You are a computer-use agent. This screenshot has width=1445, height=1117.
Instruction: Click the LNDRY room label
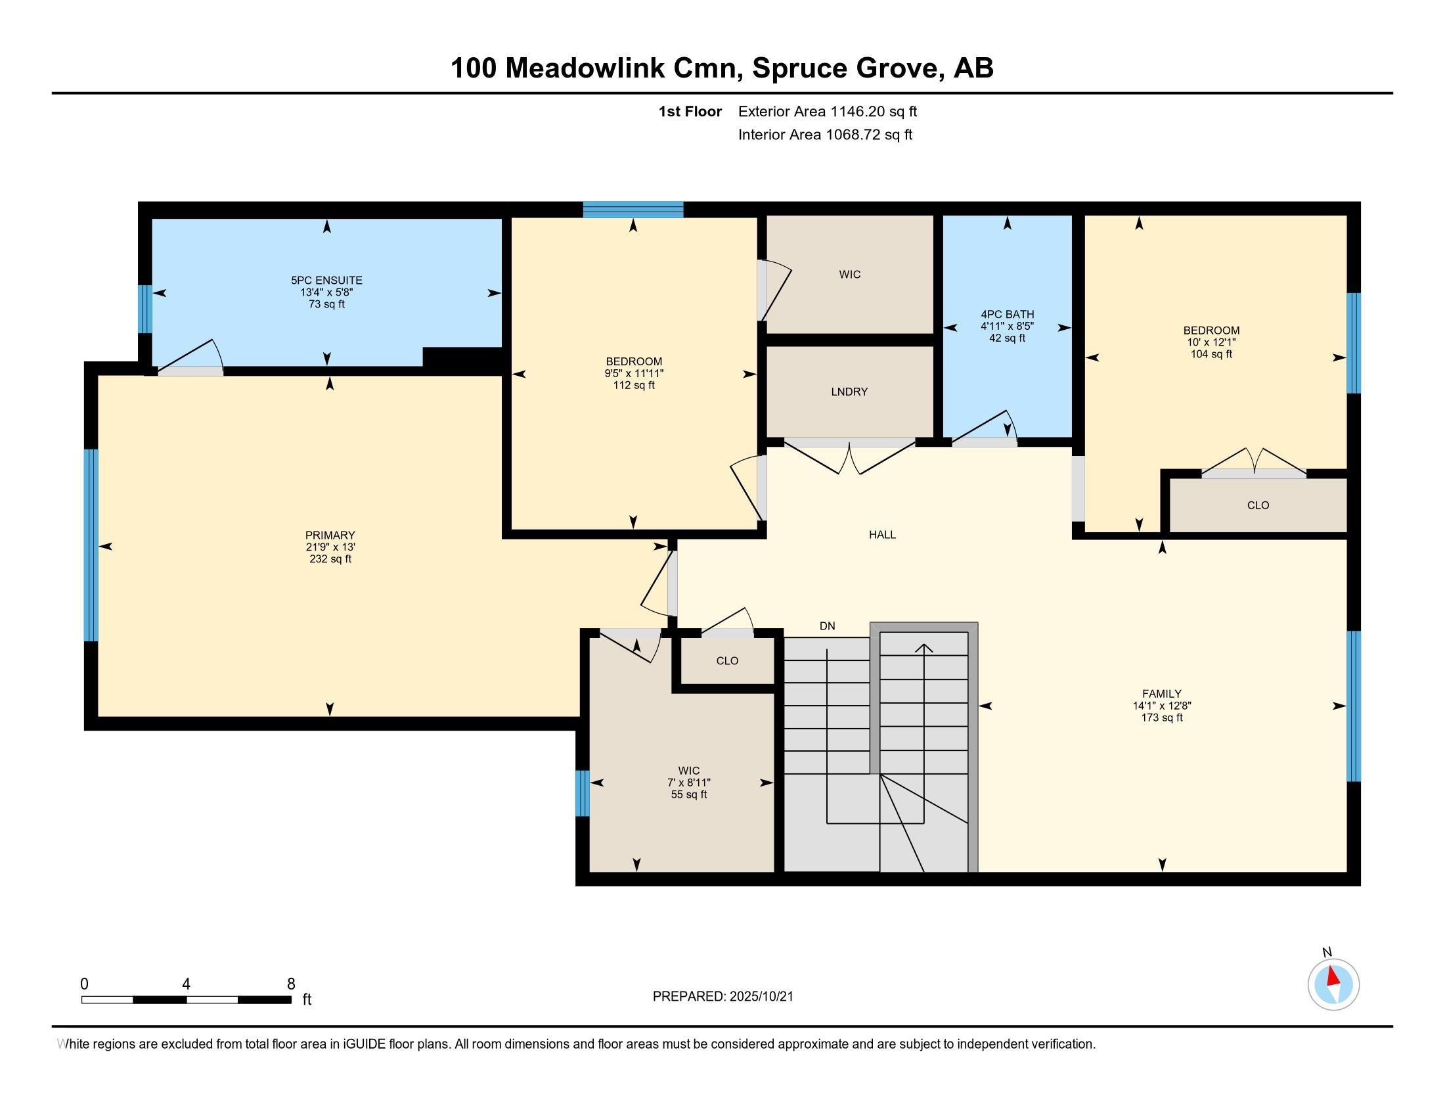(849, 392)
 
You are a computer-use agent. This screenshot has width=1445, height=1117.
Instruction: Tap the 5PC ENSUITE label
(327, 281)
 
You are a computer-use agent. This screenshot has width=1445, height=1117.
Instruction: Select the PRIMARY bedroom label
(330, 536)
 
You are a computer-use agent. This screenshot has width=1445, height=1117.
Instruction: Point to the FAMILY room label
(1162, 694)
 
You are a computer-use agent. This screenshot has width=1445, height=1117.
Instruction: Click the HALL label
(882, 535)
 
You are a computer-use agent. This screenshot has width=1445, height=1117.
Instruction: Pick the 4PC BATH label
(1007, 314)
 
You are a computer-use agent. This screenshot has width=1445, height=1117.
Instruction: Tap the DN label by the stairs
(827, 626)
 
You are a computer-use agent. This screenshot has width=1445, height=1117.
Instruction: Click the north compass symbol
(1333, 985)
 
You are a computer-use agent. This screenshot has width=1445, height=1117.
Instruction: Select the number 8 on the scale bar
(291, 984)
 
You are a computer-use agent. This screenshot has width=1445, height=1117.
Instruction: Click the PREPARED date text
(722, 997)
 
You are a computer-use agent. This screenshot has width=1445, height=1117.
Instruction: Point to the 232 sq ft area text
(330, 559)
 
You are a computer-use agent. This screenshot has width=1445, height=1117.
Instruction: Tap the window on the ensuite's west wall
(145, 309)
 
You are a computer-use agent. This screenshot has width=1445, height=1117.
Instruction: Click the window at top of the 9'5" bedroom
(633, 210)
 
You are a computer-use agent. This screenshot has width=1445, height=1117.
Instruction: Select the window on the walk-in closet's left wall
(582, 793)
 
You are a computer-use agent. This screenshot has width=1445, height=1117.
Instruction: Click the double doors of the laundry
(849, 457)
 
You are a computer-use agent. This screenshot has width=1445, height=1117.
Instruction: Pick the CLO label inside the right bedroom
(1258, 505)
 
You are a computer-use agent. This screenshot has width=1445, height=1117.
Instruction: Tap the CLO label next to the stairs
(727, 661)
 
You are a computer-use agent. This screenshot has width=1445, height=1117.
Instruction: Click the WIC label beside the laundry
(849, 275)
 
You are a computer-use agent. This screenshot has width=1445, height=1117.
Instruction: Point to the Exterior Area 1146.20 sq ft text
(828, 112)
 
